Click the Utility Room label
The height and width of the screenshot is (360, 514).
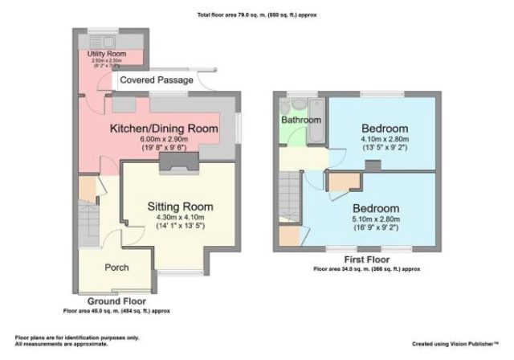point(108,53)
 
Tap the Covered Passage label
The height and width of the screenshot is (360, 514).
point(156,81)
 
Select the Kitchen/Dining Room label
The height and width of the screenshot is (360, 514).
point(164,129)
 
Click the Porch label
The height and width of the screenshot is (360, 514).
point(117,267)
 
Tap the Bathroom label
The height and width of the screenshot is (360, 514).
point(301,121)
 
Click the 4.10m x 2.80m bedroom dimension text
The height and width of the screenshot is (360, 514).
point(384,138)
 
